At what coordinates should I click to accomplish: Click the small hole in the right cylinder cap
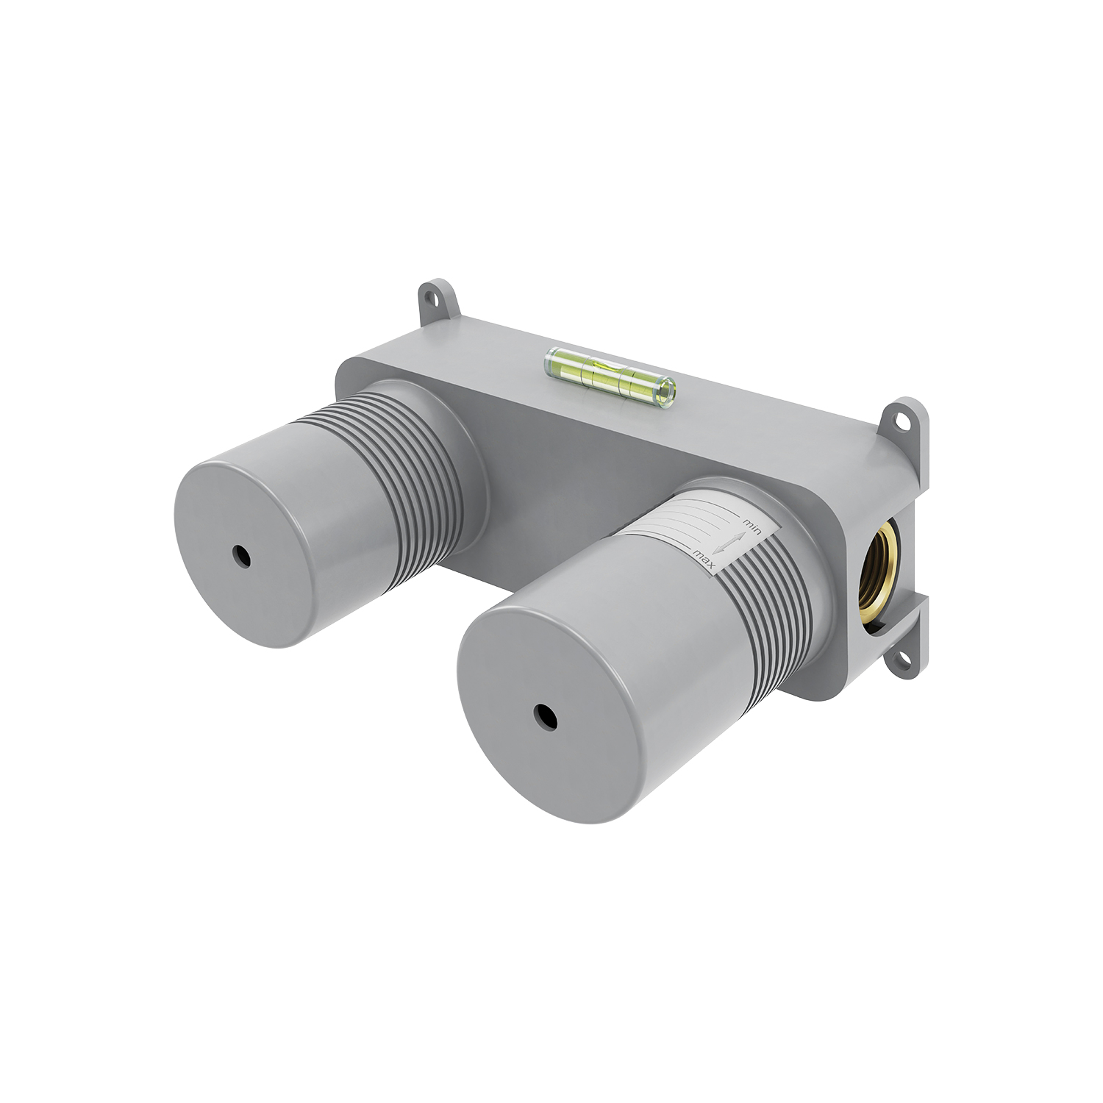coord(544,713)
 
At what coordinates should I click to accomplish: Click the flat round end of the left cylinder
coord(235,559)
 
